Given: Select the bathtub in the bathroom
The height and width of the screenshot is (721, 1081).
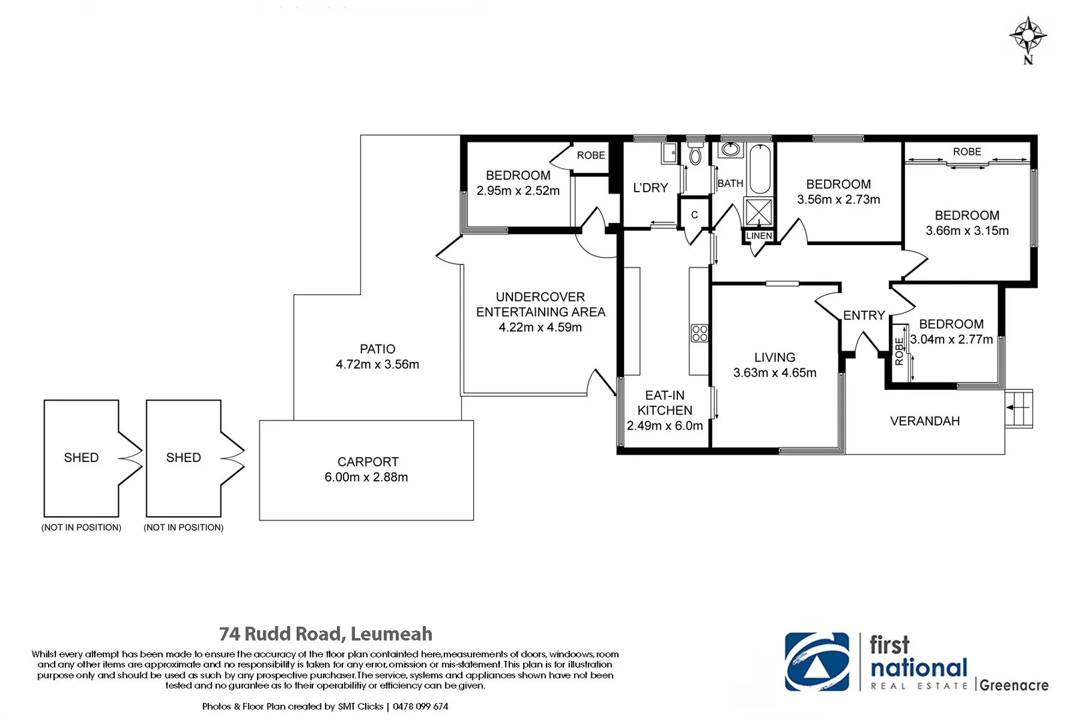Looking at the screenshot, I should pyautogui.click(x=760, y=170).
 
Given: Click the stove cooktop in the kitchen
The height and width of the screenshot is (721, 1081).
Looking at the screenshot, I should pyautogui.click(x=699, y=333).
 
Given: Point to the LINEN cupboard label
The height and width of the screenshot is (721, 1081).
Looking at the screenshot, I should pyautogui.click(x=759, y=236).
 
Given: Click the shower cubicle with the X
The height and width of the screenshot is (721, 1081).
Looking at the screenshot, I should pyautogui.click(x=759, y=212).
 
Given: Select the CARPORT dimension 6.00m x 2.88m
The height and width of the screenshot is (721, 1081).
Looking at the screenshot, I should pyautogui.click(x=366, y=477).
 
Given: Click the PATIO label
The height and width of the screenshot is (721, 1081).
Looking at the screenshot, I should pyautogui.click(x=377, y=349).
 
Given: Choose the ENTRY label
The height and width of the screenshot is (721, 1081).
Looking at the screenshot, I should pyautogui.click(x=863, y=315).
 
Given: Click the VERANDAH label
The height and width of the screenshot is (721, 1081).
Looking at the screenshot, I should pyautogui.click(x=925, y=421).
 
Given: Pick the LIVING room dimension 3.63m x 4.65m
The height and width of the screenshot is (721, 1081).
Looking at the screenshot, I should pyautogui.click(x=775, y=373).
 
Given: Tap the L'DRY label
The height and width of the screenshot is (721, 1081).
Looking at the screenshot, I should pyautogui.click(x=650, y=188).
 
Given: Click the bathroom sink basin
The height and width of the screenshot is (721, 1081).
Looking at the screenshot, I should pyautogui.click(x=731, y=150).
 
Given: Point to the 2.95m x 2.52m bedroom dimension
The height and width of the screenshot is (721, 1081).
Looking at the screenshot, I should pyautogui.click(x=518, y=191).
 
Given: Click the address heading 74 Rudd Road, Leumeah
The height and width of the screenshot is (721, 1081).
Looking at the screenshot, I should pyautogui.click(x=326, y=634).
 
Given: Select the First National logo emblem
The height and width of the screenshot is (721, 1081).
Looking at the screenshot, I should pyautogui.click(x=817, y=662).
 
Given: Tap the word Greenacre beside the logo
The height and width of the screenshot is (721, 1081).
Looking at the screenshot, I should pyautogui.click(x=1014, y=685).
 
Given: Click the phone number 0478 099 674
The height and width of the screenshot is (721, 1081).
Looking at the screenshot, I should pyautogui.click(x=420, y=706).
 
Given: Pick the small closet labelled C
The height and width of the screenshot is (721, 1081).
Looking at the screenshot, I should pyautogui.click(x=695, y=214).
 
